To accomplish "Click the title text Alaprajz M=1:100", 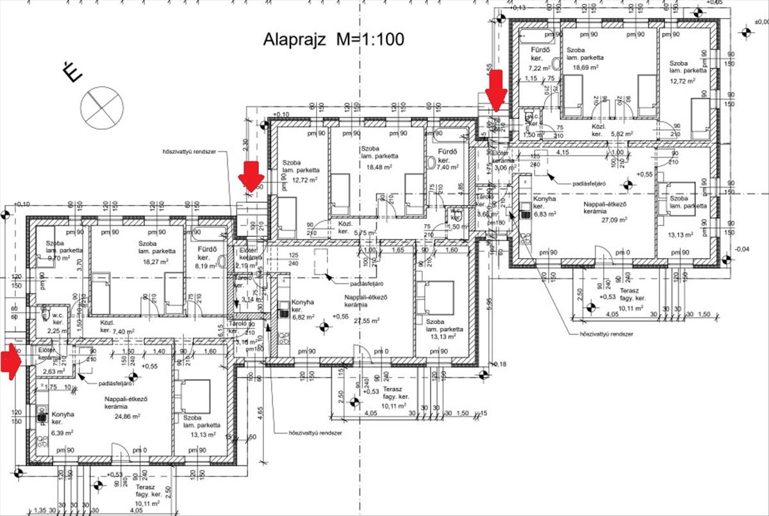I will pyautogui.click(x=334, y=39).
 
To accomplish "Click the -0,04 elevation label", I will pyautogui.click(x=742, y=249).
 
